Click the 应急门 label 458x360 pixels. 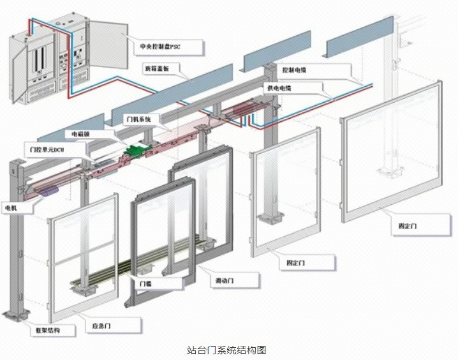coord(103,326)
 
